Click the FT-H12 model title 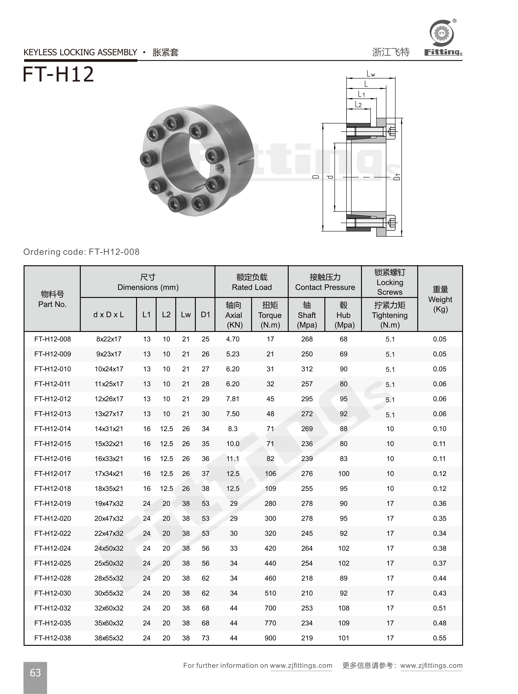(x=59, y=74)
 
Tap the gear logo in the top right (x=442, y=33)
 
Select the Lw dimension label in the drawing (x=371, y=74)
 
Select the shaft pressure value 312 (x=307, y=369)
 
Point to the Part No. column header (x=52, y=299)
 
